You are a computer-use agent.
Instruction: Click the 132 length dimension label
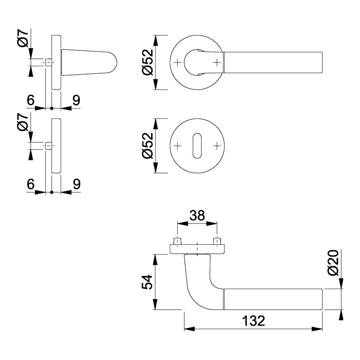[254, 321]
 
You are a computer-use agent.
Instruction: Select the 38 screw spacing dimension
[197, 215]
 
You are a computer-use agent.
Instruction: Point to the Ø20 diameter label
[333, 263]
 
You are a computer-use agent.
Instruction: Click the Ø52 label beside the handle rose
[147, 62]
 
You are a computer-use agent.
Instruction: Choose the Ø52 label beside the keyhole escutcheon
[147, 145]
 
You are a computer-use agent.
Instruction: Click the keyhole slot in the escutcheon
[197, 146]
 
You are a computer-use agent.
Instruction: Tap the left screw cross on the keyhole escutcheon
[177, 146]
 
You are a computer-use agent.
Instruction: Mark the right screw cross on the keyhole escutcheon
[217, 146]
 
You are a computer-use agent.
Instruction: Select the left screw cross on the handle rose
[177, 62]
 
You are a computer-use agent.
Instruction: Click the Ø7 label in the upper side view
[23, 38]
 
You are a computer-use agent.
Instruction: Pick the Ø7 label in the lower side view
[23, 122]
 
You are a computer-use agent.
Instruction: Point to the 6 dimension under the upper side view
[30, 100]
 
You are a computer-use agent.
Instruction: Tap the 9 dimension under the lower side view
[76, 184]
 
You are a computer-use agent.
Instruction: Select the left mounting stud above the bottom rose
[177, 242]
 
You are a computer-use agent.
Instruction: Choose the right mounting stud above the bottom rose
[217, 242]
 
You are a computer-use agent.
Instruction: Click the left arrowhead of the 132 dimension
[189, 329]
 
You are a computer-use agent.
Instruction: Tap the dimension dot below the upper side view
[52, 108]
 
